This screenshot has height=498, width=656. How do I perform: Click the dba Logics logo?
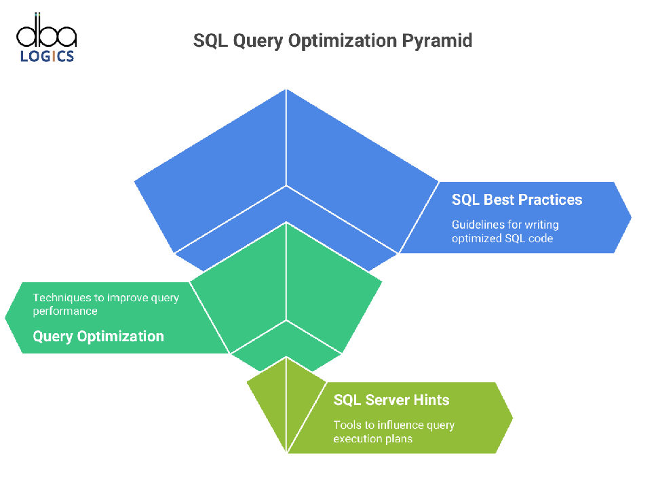click(46, 38)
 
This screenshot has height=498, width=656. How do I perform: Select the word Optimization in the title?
click(343, 41)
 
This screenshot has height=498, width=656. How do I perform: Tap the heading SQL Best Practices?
click(517, 199)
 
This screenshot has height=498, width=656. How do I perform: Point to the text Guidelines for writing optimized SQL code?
click(505, 231)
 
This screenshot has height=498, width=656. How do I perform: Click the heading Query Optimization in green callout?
click(98, 337)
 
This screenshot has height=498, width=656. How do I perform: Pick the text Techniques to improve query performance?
click(106, 304)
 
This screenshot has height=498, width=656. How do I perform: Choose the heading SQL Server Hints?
click(391, 400)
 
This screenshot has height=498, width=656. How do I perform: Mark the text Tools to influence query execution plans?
click(393, 432)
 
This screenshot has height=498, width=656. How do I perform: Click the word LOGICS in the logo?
click(47, 56)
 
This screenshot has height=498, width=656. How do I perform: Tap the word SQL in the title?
click(210, 41)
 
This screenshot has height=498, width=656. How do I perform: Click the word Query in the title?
click(258, 41)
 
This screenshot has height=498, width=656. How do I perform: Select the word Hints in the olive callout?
click(431, 400)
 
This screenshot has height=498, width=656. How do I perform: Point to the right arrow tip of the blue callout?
click(632, 217)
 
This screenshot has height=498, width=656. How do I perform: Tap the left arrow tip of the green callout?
click(5, 318)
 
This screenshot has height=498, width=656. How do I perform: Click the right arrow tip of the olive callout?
click(513, 417)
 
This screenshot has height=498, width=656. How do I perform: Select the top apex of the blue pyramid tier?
click(286, 89)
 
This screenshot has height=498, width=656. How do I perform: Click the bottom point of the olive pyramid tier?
click(286, 453)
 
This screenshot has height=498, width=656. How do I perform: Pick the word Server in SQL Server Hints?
click(387, 400)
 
